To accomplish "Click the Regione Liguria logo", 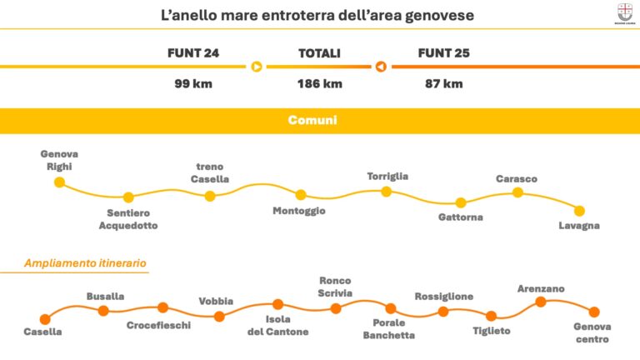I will pyautogui.click(x=624, y=13).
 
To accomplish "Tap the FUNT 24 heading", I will pyautogui.click(x=193, y=53).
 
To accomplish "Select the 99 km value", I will pyautogui.click(x=193, y=83).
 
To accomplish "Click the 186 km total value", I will pyautogui.click(x=319, y=83).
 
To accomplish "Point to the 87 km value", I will pyautogui.click(x=443, y=83).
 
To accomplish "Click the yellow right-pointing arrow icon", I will pyautogui.click(x=257, y=67).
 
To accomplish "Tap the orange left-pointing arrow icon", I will pyautogui.click(x=381, y=67).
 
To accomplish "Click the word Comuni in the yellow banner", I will pyautogui.click(x=312, y=121).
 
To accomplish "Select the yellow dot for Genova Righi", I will pyautogui.click(x=59, y=182).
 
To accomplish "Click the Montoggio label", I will pyautogui.click(x=299, y=211).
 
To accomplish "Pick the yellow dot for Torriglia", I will pyautogui.click(x=387, y=192).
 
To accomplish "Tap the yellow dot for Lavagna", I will pyautogui.click(x=579, y=211).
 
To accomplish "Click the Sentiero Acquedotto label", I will pyautogui.click(x=127, y=219).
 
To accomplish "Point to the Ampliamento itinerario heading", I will pyautogui.click(x=86, y=262).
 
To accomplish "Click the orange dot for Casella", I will pyautogui.click(x=45, y=318).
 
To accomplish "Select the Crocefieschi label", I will pyautogui.click(x=158, y=325).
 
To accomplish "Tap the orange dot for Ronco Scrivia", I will pyautogui.click(x=336, y=308).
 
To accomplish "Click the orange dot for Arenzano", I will pyautogui.click(x=540, y=302).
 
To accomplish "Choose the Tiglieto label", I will pyautogui.click(x=492, y=331).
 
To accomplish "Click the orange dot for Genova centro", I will pyautogui.click(x=594, y=312).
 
